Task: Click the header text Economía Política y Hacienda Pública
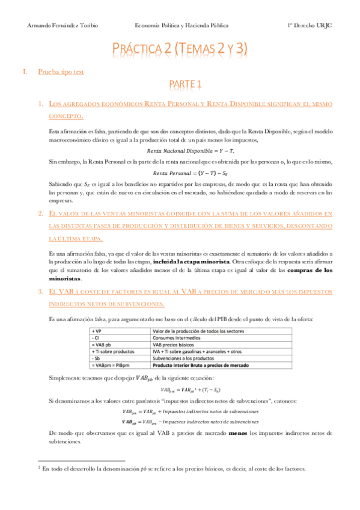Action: coord(181,26)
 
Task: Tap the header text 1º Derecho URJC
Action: coord(308,26)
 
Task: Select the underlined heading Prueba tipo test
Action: coord(61,72)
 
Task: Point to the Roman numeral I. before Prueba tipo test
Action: coord(25,72)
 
